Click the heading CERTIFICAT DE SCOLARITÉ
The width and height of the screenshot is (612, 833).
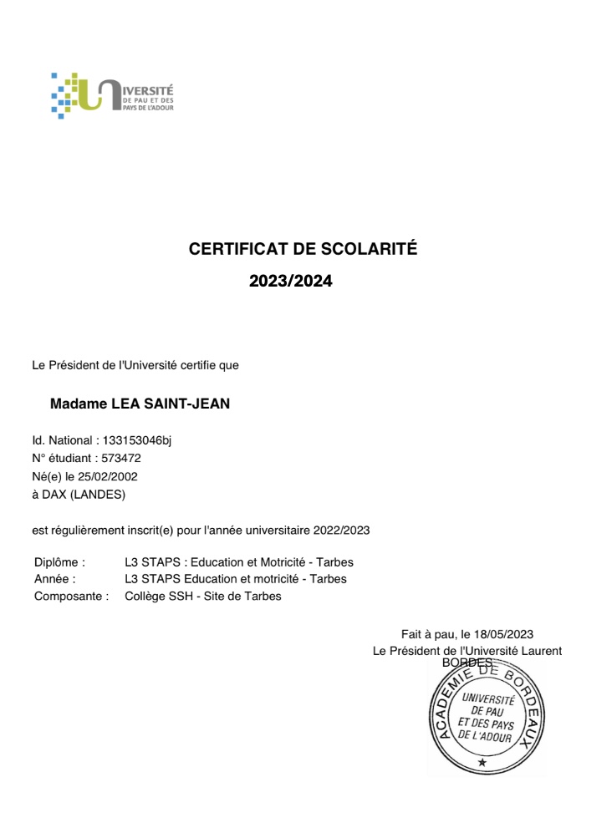tap(303, 249)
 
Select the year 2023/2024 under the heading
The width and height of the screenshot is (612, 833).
tap(291, 282)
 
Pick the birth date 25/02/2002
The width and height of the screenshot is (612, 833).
tap(110, 476)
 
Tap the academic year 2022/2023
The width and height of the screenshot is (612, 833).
tap(342, 530)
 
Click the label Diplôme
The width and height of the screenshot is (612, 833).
tap(59, 562)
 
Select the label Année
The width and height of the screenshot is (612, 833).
tap(55, 579)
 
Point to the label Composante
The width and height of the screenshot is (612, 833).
tap(71, 597)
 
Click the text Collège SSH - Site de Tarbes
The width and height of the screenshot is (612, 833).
tap(203, 597)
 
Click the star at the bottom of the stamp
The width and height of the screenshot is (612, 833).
tap(482, 762)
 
